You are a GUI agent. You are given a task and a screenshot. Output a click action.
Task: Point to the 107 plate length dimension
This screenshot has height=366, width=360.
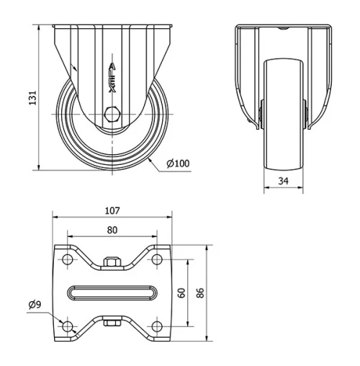[x=112, y=211]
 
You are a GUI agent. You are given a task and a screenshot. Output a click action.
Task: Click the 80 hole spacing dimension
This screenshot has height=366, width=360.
[x=112, y=231]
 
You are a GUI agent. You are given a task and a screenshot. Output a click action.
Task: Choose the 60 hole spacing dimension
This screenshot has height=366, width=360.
[x=182, y=293]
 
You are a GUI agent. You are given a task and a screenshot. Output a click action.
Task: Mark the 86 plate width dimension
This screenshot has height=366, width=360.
[x=202, y=293]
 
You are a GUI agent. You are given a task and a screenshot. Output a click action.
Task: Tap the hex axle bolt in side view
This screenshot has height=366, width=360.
[x=112, y=115]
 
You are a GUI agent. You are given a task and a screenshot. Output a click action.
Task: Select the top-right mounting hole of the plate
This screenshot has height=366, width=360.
[x=157, y=259]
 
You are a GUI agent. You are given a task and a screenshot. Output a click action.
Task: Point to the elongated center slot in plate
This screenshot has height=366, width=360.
[x=112, y=293]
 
